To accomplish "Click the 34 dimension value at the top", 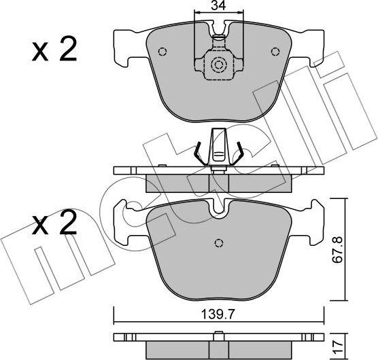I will coord(218,7).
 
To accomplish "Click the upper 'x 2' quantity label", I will coord(55,50).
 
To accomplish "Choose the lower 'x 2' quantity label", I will coord(55,225).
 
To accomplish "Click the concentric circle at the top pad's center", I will coord(218,66).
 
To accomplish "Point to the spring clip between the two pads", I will coord(218,149).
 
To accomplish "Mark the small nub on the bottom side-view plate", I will coord(218,333).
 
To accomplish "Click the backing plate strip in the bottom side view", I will coord(218,338).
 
